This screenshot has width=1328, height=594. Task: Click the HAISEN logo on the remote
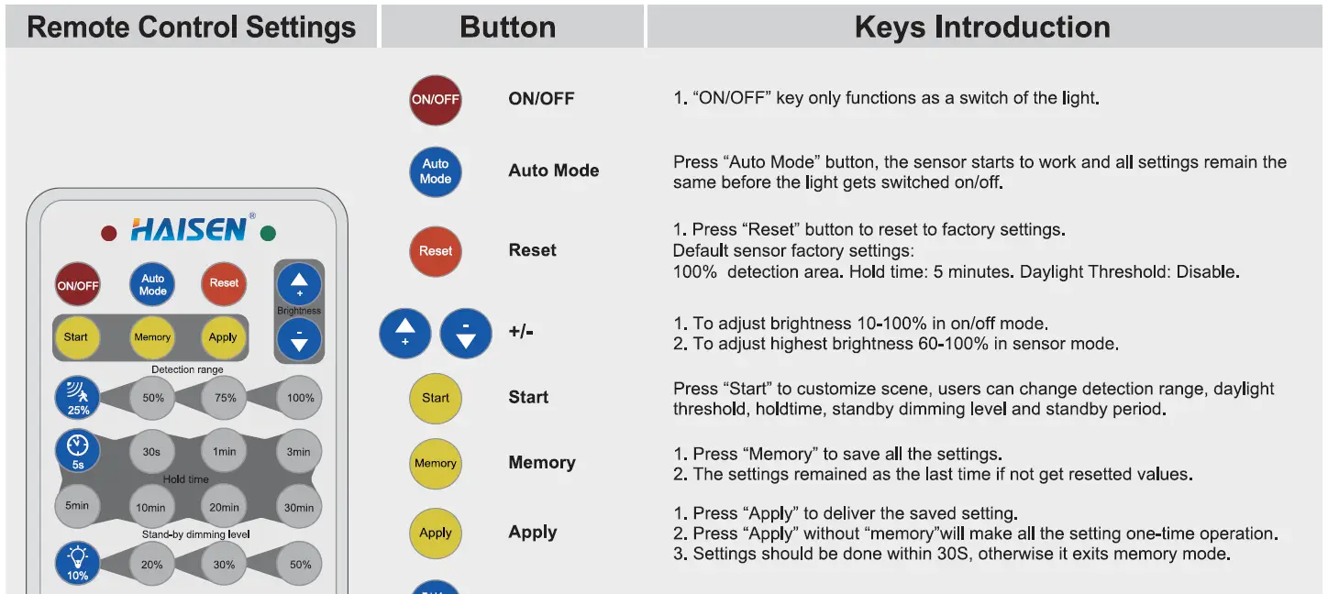tap(189, 229)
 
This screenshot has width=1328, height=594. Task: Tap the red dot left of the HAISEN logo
tap(108, 234)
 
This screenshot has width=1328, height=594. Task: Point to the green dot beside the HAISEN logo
tap(268, 234)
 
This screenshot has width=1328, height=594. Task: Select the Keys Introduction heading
tap(981, 27)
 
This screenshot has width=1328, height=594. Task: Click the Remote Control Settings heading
tap(191, 27)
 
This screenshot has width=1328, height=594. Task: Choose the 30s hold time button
tap(151, 452)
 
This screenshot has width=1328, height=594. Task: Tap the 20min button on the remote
tap(224, 508)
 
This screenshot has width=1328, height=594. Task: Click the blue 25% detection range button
tap(78, 398)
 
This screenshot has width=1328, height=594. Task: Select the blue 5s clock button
tap(78, 452)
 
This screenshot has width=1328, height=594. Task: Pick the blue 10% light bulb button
tap(78, 563)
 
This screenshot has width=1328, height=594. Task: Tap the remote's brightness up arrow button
tap(299, 284)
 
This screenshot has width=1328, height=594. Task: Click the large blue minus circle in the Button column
tap(466, 333)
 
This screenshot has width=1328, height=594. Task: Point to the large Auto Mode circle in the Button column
tap(436, 171)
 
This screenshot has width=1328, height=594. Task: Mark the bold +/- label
tap(521, 331)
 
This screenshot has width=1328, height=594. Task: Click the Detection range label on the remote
tap(187, 369)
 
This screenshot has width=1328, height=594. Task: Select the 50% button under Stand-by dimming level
tap(300, 565)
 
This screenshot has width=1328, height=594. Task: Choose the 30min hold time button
tap(299, 508)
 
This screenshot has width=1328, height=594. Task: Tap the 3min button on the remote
tap(299, 452)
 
